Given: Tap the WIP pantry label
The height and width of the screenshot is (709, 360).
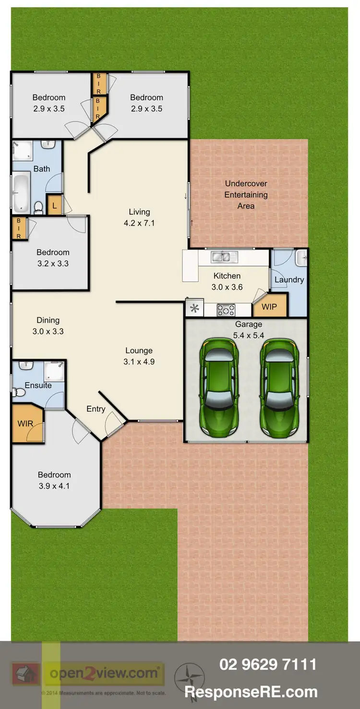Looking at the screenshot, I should (x=269, y=307).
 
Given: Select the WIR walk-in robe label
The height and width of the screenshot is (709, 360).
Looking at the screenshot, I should (x=25, y=424).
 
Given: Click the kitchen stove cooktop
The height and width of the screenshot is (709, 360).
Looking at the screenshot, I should (x=226, y=310).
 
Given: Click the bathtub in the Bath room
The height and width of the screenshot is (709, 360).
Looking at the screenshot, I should (x=21, y=193).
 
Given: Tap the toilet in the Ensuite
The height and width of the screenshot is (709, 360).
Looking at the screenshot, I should (x=18, y=392).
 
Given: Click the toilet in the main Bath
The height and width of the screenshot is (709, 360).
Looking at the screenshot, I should (x=38, y=207).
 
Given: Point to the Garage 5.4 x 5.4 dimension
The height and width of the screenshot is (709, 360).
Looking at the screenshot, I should (x=248, y=335).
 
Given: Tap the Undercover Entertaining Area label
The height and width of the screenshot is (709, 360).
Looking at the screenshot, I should (x=246, y=195).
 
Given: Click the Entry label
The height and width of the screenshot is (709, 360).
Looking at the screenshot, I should (x=96, y=409).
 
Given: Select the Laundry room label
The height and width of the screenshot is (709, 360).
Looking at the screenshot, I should (x=289, y=280).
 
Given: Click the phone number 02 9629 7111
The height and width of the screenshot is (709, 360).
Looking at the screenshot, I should (x=268, y=664).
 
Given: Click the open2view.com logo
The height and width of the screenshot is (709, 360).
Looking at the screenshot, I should (x=104, y=674).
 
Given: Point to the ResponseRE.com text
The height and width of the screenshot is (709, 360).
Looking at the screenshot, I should (x=251, y=692).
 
